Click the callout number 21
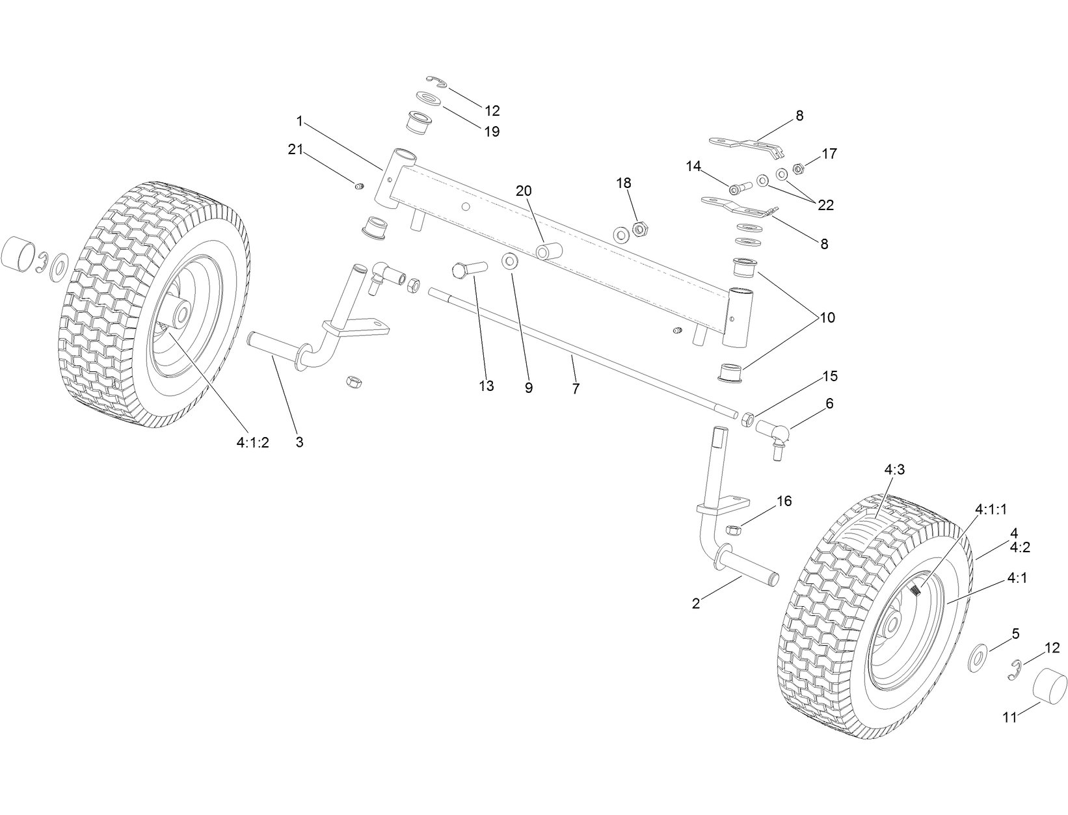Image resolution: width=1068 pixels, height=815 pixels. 296,150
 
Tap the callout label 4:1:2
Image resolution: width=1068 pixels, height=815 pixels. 252,443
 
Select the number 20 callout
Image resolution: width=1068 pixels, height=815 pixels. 524,191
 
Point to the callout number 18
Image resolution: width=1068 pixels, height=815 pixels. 624,183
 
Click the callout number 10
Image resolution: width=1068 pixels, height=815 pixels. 827,318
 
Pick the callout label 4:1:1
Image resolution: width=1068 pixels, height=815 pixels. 991,509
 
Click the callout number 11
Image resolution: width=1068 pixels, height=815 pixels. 1009,718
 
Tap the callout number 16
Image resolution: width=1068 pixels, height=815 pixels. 784,501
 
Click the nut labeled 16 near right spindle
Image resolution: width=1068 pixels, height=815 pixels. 730,529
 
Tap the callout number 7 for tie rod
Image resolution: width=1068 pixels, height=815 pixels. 576,389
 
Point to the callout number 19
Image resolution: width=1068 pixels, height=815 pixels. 492,131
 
